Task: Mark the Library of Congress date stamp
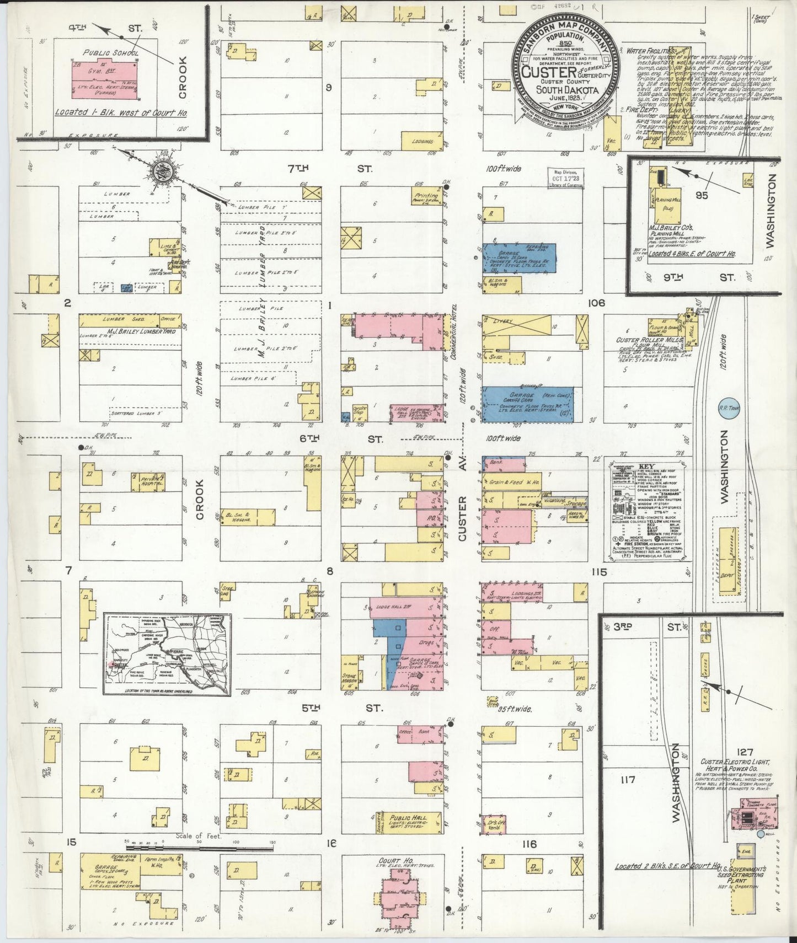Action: point(566,178)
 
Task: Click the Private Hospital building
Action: point(148,482)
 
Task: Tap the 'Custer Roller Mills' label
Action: point(643,340)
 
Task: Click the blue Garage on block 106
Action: point(528,404)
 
